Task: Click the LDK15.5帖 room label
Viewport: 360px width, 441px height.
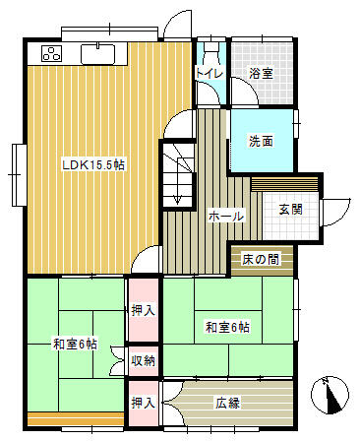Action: (x=93, y=165)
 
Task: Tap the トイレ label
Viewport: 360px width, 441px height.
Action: (x=210, y=73)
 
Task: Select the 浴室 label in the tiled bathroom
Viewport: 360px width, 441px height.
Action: (x=261, y=73)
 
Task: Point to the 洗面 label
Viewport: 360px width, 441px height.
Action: (x=261, y=141)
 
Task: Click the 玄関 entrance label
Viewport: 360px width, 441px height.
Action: (x=291, y=209)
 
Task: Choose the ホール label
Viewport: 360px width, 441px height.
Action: (x=226, y=217)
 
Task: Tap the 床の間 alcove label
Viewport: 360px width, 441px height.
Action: (x=261, y=259)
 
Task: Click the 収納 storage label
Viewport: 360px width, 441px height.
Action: (x=144, y=361)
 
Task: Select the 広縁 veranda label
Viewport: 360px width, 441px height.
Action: (x=227, y=403)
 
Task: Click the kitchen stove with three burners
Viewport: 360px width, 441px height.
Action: (x=52, y=53)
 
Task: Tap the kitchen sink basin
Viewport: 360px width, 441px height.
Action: (x=97, y=54)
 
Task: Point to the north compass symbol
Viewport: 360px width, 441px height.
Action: (x=330, y=396)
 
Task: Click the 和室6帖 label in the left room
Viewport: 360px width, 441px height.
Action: (x=75, y=345)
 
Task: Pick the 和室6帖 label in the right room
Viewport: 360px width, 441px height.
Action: (x=227, y=328)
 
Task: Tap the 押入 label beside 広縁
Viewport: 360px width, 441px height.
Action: (x=144, y=403)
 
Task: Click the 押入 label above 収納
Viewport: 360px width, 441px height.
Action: (x=144, y=310)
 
